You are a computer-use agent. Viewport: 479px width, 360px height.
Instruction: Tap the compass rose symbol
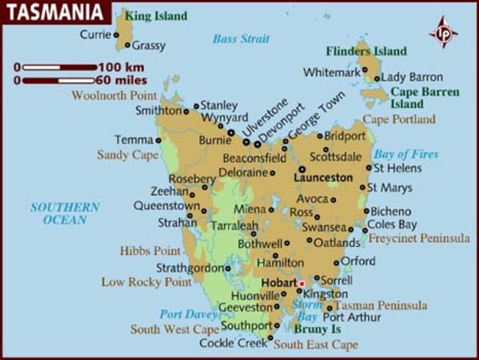tap(444, 32)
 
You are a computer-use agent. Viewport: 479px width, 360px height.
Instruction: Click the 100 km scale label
tap(120, 67)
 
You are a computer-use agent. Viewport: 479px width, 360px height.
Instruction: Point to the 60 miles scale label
tap(122, 79)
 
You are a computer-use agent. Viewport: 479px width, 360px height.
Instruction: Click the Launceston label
tap(323, 178)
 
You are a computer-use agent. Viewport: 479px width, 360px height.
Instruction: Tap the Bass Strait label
tap(241, 39)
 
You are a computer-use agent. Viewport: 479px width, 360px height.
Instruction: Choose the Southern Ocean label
tap(64, 213)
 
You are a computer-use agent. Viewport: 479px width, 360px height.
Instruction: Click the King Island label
tap(156, 15)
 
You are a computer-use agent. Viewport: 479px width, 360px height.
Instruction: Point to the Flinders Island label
tap(367, 52)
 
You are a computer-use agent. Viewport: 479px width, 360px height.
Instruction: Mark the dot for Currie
tap(116, 34)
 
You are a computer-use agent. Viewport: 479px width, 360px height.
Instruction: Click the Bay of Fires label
tap(406, 154)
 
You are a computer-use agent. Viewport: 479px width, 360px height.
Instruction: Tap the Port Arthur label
tap(352, 317)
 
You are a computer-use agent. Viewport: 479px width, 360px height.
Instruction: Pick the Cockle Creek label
tap(233, 343)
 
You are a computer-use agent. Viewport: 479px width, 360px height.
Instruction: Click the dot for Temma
tap(158, 140)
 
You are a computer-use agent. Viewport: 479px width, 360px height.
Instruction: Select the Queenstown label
tap(166, 205)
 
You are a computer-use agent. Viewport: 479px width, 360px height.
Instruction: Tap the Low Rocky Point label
tap(146, 282)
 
